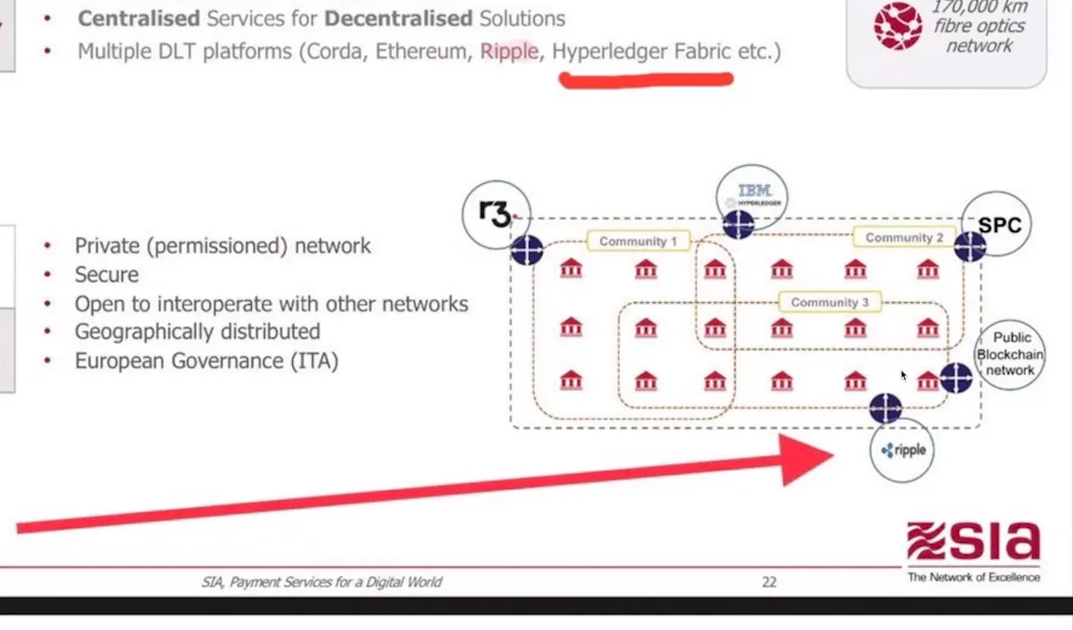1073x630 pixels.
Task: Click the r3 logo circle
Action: (496, 213)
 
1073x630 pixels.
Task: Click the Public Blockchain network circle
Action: (1009, 354)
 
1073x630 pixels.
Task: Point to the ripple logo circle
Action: (901, 450)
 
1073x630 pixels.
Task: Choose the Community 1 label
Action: (638, 241)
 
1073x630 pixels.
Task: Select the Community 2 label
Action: (904, 237)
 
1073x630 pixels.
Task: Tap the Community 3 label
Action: (829, 302)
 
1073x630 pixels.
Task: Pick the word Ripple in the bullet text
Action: (509, 51)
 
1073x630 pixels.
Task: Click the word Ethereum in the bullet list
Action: (422, 51)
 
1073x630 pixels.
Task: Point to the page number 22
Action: (769, 582)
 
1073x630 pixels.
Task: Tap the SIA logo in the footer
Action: (973, 550)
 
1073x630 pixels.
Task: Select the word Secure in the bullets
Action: (106, 275)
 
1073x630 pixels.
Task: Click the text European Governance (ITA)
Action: (206, 360)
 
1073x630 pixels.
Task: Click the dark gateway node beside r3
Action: (526, 250)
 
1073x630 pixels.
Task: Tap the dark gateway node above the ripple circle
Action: (886, 407)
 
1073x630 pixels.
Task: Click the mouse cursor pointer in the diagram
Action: (904, 375)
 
